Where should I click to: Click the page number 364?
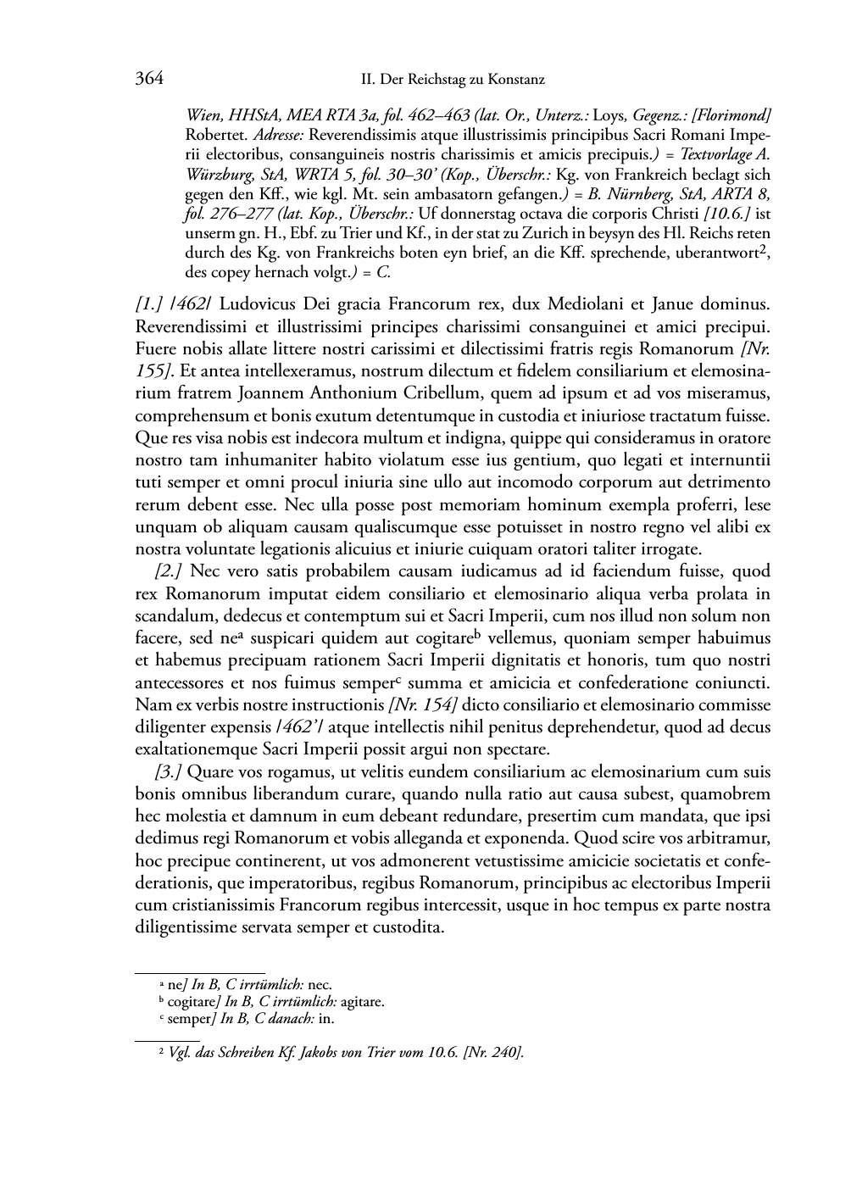coord(149,80)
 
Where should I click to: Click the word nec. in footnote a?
coord(319,985)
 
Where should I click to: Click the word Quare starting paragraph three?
coord(206,772)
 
